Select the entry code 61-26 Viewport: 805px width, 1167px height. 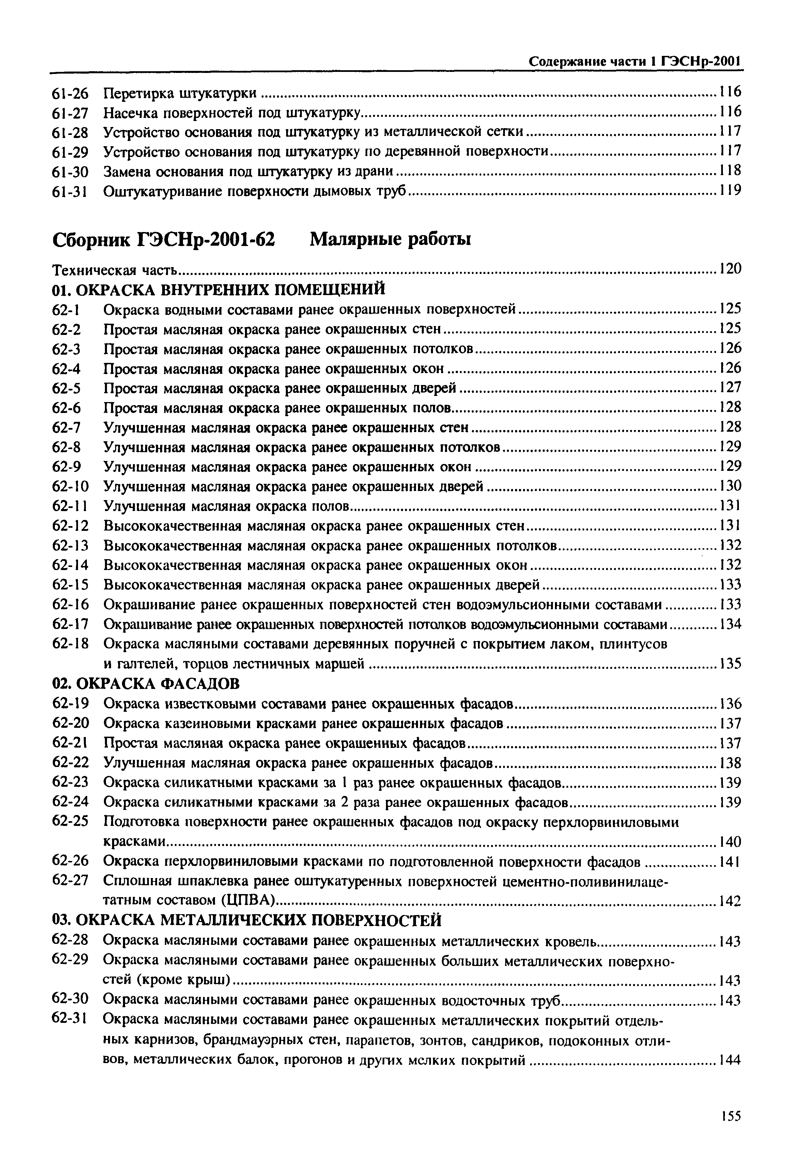click(70, 93)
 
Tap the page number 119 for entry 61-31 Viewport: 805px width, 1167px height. click(730, 190)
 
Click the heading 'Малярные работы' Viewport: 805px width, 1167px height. click(390, 239)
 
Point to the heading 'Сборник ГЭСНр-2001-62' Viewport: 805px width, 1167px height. click(164, 239)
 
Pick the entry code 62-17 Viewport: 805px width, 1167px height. click(70, 624)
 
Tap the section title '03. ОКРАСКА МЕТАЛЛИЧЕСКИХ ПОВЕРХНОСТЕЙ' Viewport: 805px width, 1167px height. click(247, 921)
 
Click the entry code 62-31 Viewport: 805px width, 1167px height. click(70, 1019)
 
